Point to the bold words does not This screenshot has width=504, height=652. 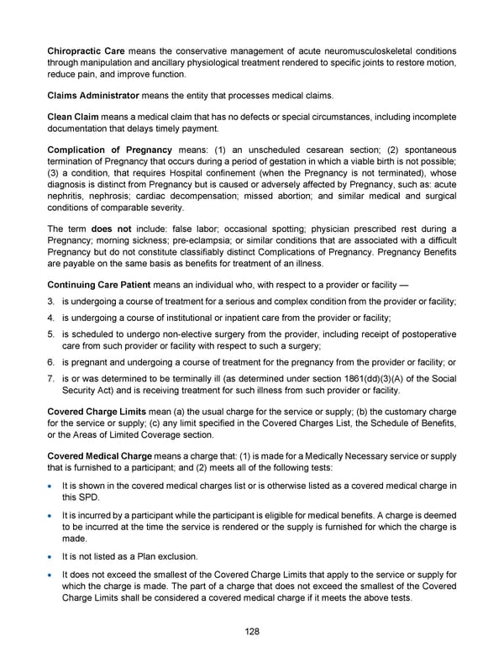point(108,229)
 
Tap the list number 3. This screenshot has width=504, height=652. point(51,301)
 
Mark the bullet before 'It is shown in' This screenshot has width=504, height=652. point(52,486)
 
